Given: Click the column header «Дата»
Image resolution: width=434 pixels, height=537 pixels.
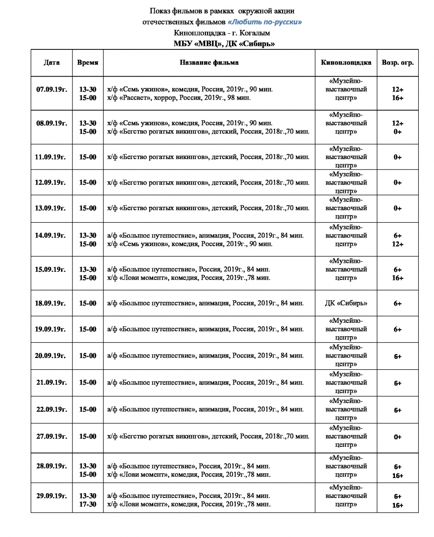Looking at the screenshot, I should [x=52, y=63].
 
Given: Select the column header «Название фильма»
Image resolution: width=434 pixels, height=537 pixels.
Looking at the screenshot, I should [x=209, y=63].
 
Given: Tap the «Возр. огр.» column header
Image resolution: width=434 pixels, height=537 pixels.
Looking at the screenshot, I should [x=398, y=63].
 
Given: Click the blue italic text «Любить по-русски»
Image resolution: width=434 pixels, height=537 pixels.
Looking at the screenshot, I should [x=265, y=22].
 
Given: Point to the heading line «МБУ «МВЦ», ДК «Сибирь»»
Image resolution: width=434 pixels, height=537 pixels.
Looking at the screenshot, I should [x=224, y=43].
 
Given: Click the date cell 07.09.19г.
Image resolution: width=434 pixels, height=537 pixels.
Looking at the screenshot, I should [x=52, y=90].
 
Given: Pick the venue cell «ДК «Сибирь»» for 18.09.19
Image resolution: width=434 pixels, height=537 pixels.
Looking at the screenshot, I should [x=346, y=303].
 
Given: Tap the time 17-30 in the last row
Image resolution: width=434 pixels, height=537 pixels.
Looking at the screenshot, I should [x=88, y=504].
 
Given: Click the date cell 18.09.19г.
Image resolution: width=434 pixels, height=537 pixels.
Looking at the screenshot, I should [x=50, y=303].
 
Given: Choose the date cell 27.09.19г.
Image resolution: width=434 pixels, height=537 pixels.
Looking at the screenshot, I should [x=52, y=436].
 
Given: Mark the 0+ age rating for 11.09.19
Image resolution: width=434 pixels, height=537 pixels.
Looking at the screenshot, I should [x=398, y=157].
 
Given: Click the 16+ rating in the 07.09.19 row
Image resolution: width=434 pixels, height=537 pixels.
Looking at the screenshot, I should [x=398, y=98].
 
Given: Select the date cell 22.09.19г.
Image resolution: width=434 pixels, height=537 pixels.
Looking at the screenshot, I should [x=52, y=410].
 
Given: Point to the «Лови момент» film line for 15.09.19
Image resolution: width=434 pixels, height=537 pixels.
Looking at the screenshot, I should [x=189, y=278].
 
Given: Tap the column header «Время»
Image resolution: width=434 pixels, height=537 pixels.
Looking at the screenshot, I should [x=88, y=63].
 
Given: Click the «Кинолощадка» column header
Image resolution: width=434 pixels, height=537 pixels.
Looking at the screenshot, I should [x=346, y=63].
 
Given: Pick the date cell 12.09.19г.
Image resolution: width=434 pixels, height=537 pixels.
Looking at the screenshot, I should [x=50, y=182].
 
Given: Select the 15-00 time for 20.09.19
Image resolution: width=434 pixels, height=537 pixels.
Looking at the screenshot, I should [x=88, y=356].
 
